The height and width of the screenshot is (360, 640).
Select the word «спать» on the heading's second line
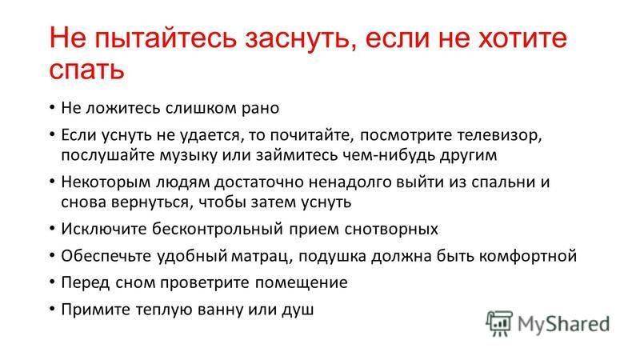86,70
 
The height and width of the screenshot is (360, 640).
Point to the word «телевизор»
499,135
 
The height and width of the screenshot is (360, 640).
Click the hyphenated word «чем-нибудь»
386,155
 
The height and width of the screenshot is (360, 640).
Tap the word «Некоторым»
106,182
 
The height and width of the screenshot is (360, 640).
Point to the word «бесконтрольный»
218,229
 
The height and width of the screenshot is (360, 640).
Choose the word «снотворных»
391,230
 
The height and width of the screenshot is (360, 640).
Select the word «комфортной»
528,256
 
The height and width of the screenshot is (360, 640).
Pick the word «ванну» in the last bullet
221,310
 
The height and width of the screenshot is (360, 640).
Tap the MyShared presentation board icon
499,323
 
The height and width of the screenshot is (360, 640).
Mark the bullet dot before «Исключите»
52,229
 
